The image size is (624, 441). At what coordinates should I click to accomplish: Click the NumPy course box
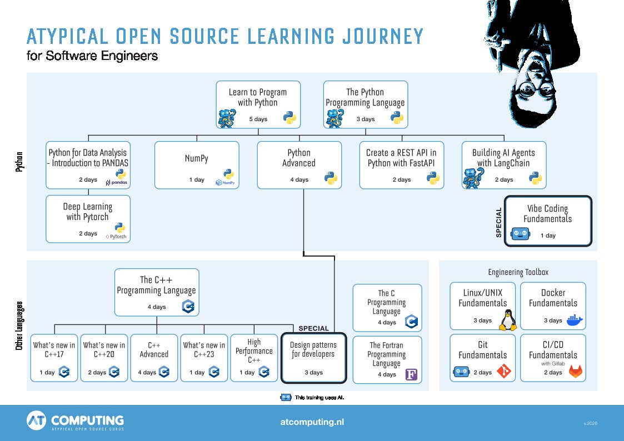(197, 165)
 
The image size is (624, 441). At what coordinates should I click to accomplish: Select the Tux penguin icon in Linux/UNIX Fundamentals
(508, 320)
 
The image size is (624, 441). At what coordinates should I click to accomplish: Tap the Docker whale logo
(575, 320)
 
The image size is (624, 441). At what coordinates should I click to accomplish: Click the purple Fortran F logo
(411, 374)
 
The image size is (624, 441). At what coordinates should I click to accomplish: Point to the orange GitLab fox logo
(576, 371)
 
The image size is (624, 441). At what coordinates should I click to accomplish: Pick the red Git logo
(504, 371)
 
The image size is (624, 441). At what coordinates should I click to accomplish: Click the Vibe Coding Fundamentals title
(547, 213)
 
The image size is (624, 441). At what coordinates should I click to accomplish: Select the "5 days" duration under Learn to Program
(258, 119)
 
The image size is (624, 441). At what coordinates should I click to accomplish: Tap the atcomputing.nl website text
(312, 422)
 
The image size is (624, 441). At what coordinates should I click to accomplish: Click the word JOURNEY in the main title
(383, 36)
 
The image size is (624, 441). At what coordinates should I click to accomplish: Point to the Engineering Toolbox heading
(518, 272)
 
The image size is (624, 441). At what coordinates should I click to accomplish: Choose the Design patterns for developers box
(314, 358)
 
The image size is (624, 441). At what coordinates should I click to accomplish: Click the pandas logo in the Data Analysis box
(117, 183)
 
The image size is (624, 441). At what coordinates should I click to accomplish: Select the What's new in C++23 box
(204, 358)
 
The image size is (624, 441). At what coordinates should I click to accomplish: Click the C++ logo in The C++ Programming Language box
(188, 307)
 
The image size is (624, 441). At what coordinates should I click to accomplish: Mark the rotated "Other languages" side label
(19, 325)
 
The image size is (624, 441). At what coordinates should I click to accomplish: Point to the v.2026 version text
(591, 423)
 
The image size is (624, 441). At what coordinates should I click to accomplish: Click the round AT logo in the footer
(36, 420)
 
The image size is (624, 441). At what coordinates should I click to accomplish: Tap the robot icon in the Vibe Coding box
(520, 234)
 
